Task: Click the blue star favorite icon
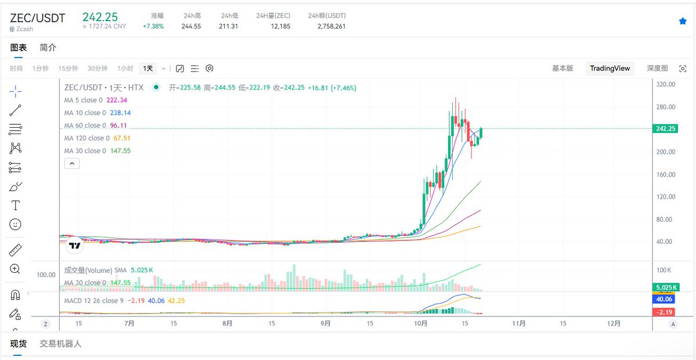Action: point(683,21)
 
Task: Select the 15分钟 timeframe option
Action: point(68,69)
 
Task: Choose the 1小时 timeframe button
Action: point(125,69)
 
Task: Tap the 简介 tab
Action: point(48,48)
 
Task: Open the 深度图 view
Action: point(657,69)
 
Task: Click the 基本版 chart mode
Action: point(562,69)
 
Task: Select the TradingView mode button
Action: point(610,69)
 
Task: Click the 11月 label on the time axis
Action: point(519,323)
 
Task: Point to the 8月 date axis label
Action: point(228,323)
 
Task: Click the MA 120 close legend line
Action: point(86,138)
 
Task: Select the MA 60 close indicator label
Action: point(85,125)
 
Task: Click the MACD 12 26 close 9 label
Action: point(93,300)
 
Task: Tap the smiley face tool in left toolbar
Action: point(16,224)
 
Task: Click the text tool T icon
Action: point(16,205)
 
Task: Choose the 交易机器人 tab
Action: point(60,344)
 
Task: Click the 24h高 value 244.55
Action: point(191,26)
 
